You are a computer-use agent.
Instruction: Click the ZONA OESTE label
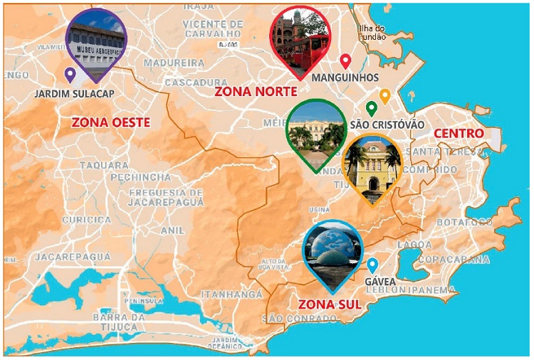click(x=110, y=122)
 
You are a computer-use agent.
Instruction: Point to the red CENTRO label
click(x=459, y=133)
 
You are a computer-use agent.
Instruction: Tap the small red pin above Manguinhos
click(x=346, y=61)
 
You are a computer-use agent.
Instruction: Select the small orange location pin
click(x=384, y=95)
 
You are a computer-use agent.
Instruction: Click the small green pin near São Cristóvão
click(x=371, y=110)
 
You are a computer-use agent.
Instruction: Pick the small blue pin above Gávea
click(x=372, y=265)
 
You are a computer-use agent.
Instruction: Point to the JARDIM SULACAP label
click(x=74, y=93)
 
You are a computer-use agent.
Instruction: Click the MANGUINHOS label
click(x=345, y=77)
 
